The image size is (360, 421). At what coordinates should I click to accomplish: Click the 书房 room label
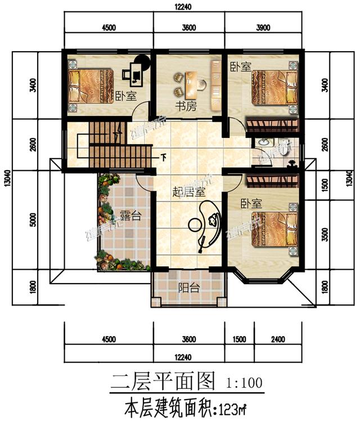click(181, 106)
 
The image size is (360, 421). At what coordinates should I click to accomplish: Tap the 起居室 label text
click(188, 191)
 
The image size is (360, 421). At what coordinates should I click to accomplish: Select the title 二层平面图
click(163, 383)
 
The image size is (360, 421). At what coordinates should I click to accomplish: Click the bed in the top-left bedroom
click(87, 86)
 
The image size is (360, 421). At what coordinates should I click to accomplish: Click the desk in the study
click(192, 84)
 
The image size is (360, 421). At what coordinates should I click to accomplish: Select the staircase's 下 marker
click(164, 156)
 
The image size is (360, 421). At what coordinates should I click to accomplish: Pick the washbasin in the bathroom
click(261, 144)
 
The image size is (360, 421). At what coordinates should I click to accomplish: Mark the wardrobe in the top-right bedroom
click(273, 124)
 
